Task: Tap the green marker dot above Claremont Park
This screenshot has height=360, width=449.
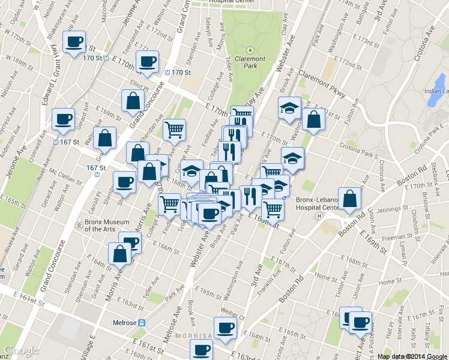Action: pos(251,50)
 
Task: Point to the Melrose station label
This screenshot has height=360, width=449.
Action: pos(125,322)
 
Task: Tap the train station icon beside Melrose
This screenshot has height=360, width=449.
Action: pos(142,322)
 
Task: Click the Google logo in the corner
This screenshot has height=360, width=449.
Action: pos(20,350)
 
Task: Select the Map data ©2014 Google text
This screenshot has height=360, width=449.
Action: pos(412,356)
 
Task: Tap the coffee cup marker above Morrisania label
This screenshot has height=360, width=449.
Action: pos(225,328)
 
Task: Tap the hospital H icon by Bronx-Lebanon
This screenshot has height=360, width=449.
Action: pos(319,216)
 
